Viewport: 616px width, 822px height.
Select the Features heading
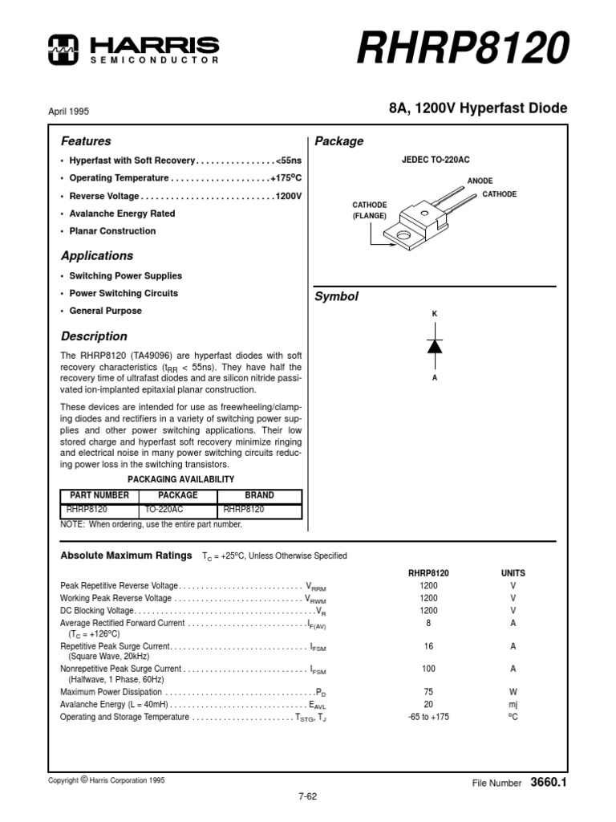coord(86,140)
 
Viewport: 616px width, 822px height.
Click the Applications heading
coord(97,256)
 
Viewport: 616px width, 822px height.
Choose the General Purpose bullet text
coord(105,311)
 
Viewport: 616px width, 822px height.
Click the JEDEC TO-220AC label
coord(435,161)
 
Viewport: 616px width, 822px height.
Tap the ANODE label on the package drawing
coord(480,181)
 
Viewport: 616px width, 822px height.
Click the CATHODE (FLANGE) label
coord(369,210)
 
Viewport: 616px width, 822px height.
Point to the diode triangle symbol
coord(435,346)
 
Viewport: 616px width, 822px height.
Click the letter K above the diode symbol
coord(435,312)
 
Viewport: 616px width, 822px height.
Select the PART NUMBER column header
coord(99,495)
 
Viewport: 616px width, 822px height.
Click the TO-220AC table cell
coord(163,509)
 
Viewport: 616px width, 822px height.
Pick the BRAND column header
coord(259,495)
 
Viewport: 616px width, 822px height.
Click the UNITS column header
coord(513,573)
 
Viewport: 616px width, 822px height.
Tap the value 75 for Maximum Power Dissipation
coord(428,691)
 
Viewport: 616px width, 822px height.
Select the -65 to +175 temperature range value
coord(428,717)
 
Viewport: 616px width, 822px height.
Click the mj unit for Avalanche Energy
coord(513,704)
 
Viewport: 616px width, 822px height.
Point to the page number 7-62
coord(308,796)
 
